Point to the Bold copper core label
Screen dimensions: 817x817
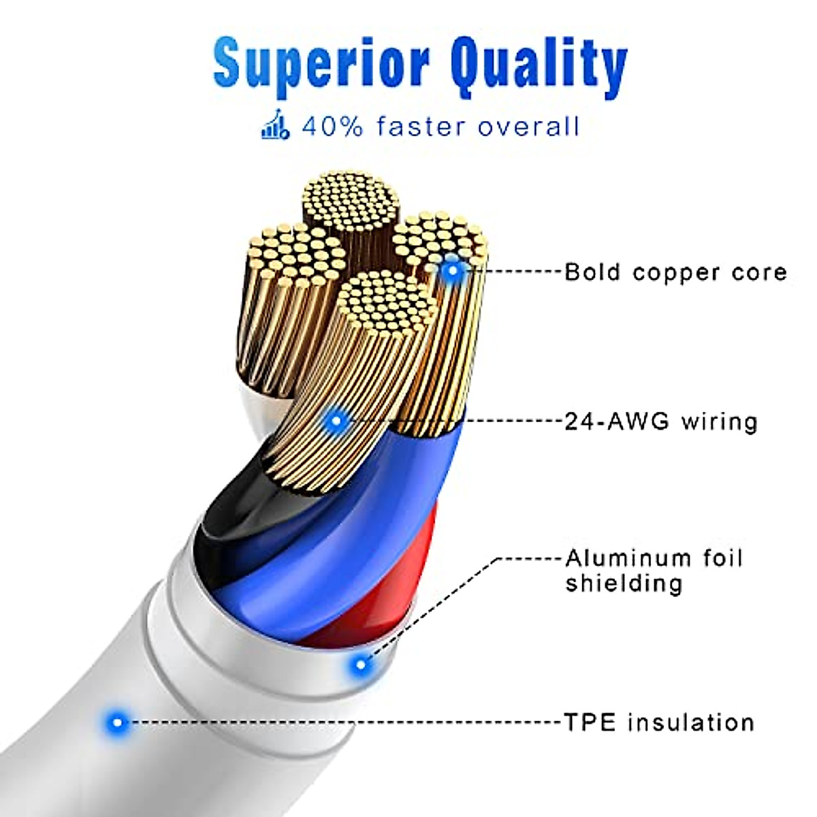pos(675,272)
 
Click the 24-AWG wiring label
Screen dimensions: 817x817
pos(661,421)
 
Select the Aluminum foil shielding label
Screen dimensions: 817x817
pos(654,571)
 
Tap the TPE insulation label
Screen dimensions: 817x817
pos(659,722)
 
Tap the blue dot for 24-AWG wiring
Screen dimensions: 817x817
pos(335,421)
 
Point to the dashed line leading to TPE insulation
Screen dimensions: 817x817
pos(340,722)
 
